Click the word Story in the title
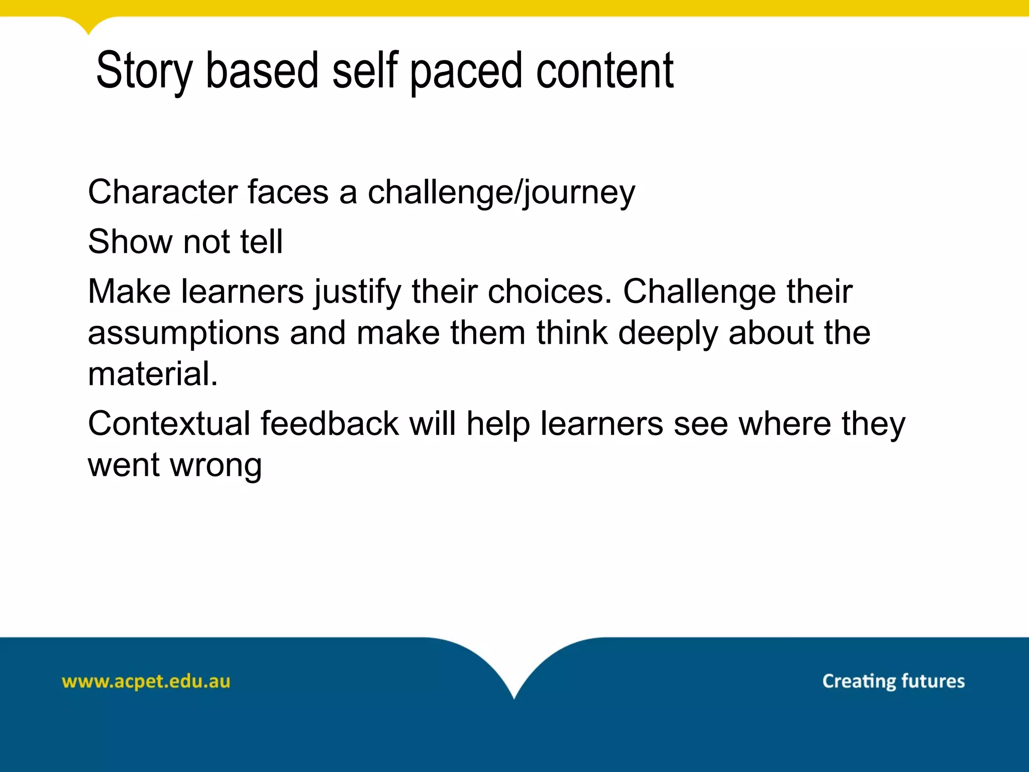coord(144,71)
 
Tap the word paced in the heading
coord(467,71)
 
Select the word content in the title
coord(604,71)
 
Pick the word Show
coord(130,241)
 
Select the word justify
coord(358,293)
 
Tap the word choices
coord(550,292)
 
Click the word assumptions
coord(183,334)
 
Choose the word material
coord(153,374)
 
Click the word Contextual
coord(169,423)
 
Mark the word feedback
coord(330,423)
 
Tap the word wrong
coord(216,465)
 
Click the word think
coord(572,333)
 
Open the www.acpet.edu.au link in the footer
coord(146,682)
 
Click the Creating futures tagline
coord(893,681)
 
